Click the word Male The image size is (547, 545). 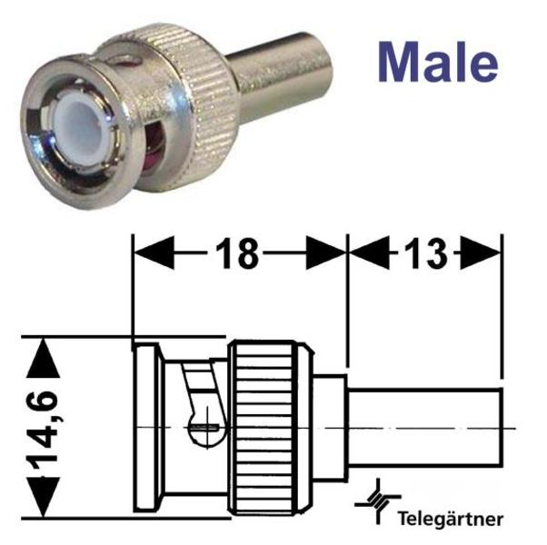[x=438, y=63]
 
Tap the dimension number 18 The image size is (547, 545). [x=237, y=253]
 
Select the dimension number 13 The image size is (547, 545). [x=425, y=253]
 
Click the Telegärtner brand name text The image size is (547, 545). [x=451, y=520]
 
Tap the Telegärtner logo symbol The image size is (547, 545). [x=377, y=502]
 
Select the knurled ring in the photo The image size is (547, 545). [x=195, y=104]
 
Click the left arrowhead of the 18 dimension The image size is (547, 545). [x=154, y=253]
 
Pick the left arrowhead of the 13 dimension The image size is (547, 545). [x=369, y=253]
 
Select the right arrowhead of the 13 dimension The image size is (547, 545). [x=481, y=253]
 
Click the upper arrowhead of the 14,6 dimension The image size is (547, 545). [x=43, y=358]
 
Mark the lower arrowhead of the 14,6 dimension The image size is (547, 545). [x=43, y=497]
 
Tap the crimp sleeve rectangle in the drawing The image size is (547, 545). [x=425, y=427]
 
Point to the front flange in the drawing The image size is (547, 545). [x=146, y=428]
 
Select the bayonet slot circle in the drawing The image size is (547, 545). [x=207, y=428]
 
